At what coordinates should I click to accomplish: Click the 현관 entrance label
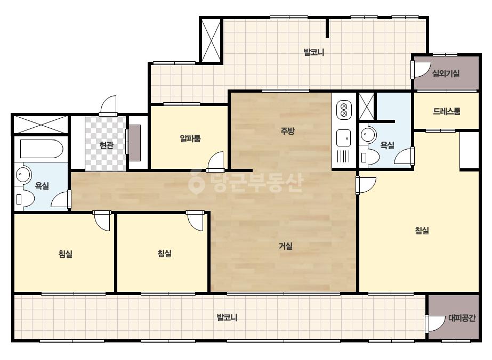[x=106, y=145]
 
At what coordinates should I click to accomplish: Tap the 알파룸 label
[x=190, y=138]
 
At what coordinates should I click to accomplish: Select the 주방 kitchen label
[x=287, y=131]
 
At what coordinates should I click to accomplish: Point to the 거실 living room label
[x=286, y=246]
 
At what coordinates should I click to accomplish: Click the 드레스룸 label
[x=447, y=111]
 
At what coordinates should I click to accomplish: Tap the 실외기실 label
[x=446, y=73]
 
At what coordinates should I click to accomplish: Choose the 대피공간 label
[x=462, y=318]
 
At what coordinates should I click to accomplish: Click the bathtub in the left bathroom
[x=42, y=149]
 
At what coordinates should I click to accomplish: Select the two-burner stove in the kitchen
[x=344, y=110]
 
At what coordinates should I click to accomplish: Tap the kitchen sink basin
[x=344, y=138]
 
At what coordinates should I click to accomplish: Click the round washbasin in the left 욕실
[x=22, y=174]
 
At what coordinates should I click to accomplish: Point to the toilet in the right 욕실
[x=368, y=157]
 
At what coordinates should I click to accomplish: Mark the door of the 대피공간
[x=435, y=323]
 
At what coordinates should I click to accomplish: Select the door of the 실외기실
[x=421, y=70]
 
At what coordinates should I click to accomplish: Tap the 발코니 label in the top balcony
[x=314, y=52]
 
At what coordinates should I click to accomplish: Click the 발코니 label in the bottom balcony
[x=227, y=318]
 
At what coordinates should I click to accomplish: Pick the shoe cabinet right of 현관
[x=135, y=143]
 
